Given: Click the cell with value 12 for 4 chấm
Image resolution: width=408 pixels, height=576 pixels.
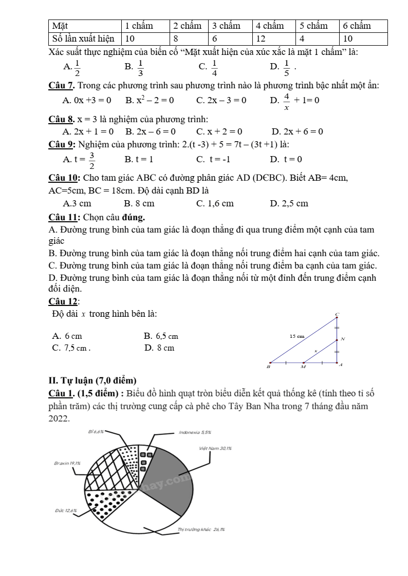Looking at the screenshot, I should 273,39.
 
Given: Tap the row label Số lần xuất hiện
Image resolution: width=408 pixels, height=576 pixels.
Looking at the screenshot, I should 85,39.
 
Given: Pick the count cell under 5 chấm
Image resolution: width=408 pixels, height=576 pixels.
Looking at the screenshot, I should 317,39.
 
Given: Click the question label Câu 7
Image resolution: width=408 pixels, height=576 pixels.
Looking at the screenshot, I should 62,86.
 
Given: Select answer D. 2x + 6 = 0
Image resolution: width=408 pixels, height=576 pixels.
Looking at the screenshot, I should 297,131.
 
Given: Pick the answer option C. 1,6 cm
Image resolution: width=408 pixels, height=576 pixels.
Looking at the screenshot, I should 215,203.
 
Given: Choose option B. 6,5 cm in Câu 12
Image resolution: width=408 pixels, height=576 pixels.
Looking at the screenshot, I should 161,336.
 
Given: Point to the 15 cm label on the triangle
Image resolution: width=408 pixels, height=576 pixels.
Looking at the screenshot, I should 297,336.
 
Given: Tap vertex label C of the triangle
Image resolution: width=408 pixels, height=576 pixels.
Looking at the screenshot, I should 338,314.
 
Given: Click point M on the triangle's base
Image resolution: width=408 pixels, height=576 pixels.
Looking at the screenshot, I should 303,367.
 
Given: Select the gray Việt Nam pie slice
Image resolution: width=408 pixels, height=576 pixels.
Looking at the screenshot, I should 170,480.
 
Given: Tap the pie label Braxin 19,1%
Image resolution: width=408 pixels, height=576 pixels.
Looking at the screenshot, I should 67,463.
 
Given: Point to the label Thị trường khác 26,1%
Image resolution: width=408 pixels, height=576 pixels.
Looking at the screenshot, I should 201,529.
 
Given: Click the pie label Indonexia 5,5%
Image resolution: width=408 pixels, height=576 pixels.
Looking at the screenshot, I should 195,433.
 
